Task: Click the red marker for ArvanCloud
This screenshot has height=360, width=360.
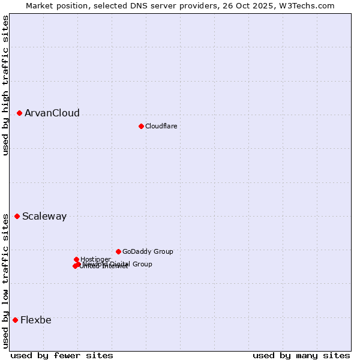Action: [x=19, y=113]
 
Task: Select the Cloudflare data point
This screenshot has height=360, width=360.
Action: [x=141, y=126]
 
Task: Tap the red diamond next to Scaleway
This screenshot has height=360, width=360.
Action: [x=17, y=216]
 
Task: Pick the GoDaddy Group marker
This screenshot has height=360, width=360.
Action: [x=118, y=251]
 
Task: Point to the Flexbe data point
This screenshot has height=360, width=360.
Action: [x=15, y=320]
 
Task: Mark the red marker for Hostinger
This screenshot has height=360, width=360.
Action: [x=76, y=259]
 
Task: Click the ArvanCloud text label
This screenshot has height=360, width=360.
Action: [x=52, y=113]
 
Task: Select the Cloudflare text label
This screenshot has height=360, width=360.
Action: [x=161, y=127]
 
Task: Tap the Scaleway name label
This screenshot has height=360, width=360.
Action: [x=44, y=217]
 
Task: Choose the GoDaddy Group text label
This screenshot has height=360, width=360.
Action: [x=148, y=252]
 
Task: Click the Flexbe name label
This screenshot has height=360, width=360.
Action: [x=36, y=320]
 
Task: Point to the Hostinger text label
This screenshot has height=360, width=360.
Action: [x=95, y=259]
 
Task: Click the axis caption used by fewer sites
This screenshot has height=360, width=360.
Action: [x=62, y=355]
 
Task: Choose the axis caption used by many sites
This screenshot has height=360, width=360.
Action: [x=301, y=355]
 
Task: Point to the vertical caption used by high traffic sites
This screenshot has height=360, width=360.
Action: [x=5, y=85]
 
